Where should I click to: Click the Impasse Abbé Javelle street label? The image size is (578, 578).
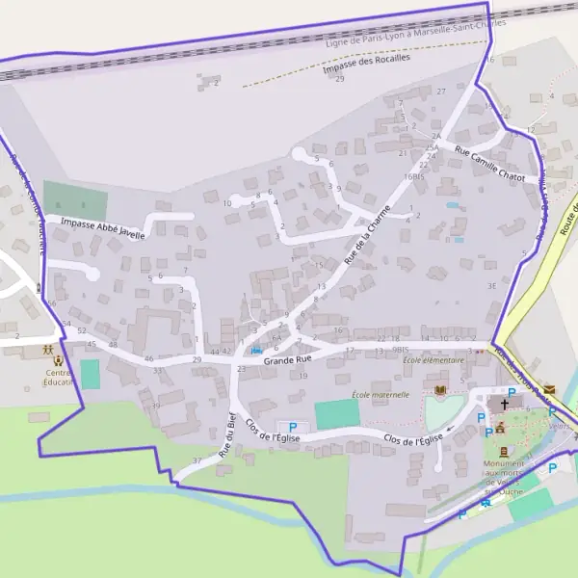click(x=102, y=227)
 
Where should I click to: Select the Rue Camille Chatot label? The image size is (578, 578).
click(x=489, y=164)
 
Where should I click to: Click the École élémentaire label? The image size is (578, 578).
click(x=433, y=360)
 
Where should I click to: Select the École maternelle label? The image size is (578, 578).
click(x=380, y=394)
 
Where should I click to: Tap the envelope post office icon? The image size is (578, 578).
click(x=550, y=388)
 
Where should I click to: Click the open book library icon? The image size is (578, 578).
click(x=441, y=390)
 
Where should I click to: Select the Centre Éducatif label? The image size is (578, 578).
click(x=60, y=378)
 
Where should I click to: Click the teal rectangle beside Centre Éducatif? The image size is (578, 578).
click(x=90, y=374)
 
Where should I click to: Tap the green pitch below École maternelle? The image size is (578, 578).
click(x=337, y=414)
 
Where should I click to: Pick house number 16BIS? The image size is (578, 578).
click(x=414, y=177)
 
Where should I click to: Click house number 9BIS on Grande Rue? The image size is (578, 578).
click(x=402, y=349)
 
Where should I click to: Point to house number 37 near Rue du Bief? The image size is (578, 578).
click(x=197, y=460)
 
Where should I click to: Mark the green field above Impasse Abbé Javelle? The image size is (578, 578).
click(x=74, y=200)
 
